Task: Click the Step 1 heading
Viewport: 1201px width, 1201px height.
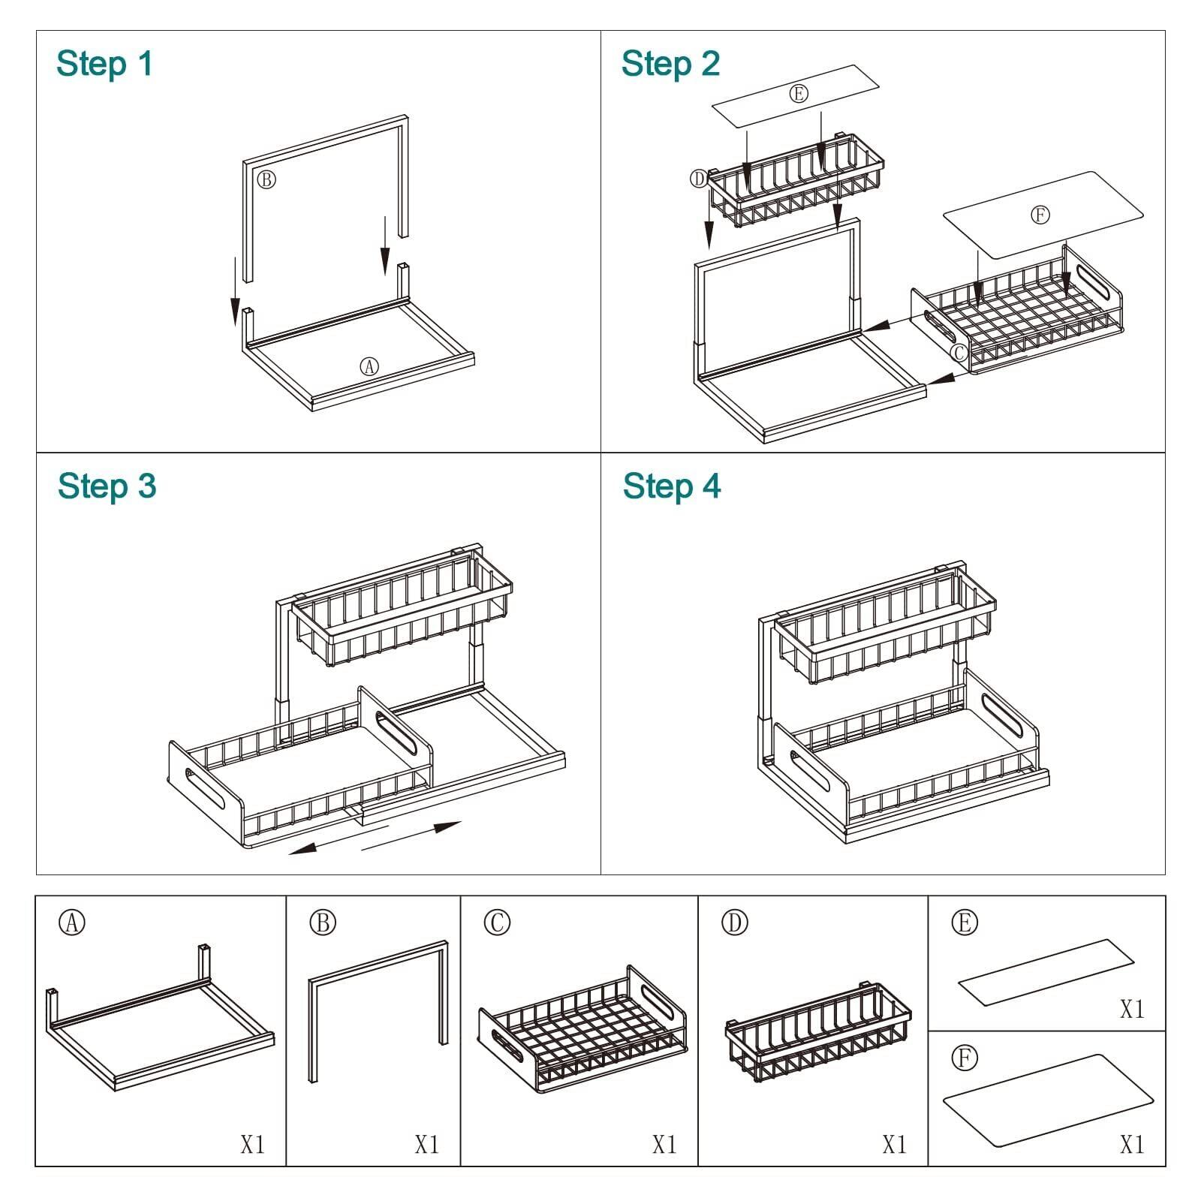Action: [x=104, y=63]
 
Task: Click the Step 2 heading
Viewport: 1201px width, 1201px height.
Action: [x=670, y=63]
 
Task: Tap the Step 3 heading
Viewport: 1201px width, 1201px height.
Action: [x=107, y=486]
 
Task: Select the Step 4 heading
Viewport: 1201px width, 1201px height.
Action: [x=672, y=486]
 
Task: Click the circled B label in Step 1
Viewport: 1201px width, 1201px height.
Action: [x=266, y=179]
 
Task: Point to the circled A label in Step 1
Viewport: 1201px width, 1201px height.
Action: [x=369, y=366]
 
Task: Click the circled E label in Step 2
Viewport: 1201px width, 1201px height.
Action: [x=798, y=94]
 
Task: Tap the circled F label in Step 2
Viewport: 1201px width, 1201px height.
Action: [x=1040, y=215]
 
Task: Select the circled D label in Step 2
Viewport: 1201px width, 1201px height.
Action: [x=699, y=179]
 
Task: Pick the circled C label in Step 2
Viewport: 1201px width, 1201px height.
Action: [x=959, y=352]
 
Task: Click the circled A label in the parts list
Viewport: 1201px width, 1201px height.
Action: [x=72, y=923]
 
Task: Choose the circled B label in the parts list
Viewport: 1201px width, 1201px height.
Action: [x=323, y=923]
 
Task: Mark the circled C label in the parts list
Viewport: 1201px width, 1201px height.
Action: [x=497, y=923]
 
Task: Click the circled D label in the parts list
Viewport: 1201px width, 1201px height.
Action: [x=735, y=923]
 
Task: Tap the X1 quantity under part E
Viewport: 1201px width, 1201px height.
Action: [x=1132, y=1010]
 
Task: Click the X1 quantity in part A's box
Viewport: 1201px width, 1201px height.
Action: [x=252, y=1145]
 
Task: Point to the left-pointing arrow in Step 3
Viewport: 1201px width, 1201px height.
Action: [x=339, y=838]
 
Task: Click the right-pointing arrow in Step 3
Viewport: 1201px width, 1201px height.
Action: [x=411, y=837]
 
